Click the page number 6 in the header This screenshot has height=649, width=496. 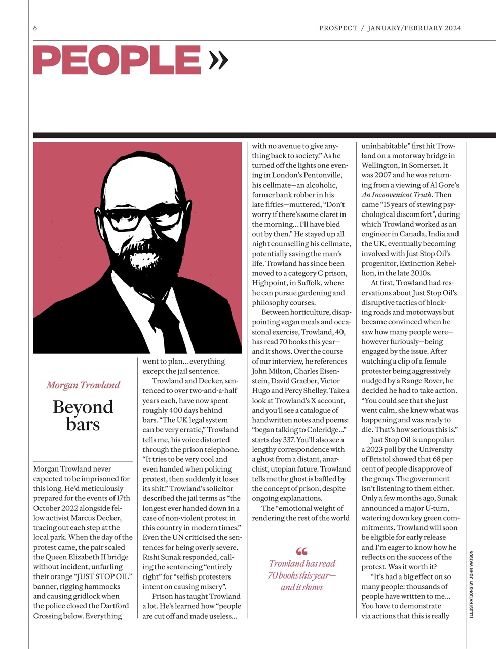[x=35, y=28]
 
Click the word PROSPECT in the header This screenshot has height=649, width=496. [x=338, y=28]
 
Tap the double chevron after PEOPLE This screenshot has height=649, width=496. [x=218, y=60]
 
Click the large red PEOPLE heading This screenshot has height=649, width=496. [x=117, y=60]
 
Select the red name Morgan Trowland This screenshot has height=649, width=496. [x=83, y=385]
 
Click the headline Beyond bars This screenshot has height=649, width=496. [x=83, y=415]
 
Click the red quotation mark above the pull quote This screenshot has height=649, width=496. [x=301, y=551]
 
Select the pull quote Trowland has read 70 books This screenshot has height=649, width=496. [x=302, y=575]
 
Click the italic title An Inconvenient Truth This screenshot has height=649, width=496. [x=397, y=195]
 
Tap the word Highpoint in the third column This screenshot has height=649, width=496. [x=270, y=283]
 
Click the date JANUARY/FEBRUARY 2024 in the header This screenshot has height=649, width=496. [x=414, y=28]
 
